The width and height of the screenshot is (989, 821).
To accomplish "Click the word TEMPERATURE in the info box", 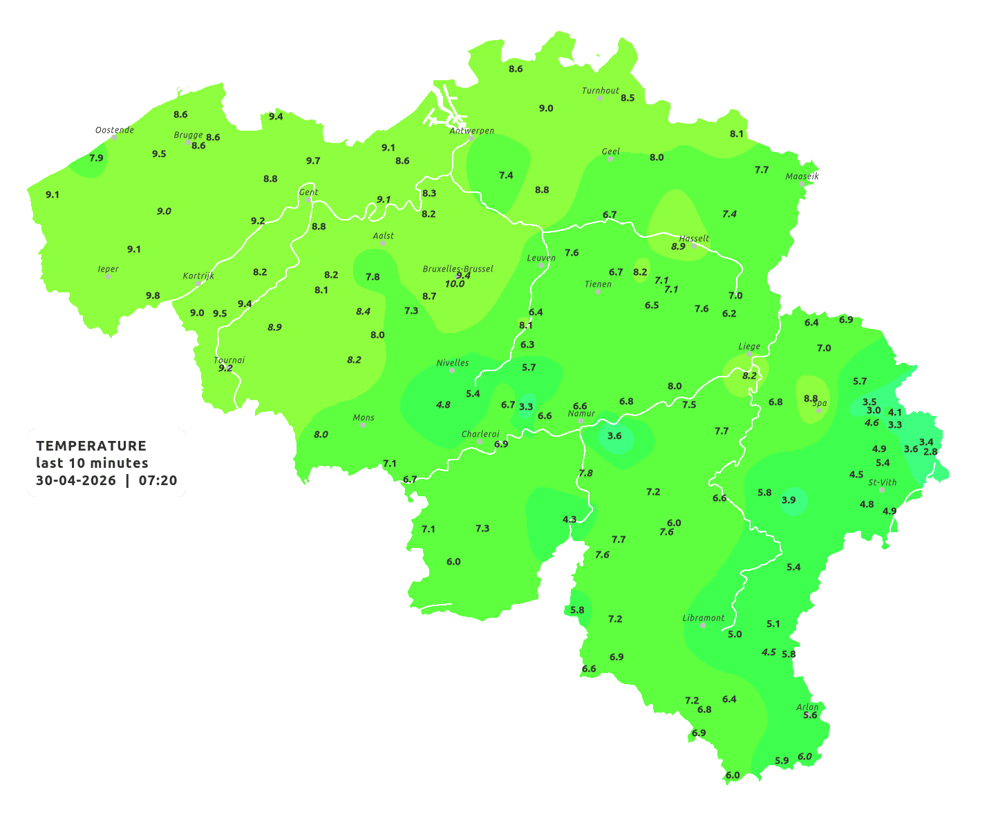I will [91, 446].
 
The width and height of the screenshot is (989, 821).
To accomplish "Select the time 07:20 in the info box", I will [158, 480].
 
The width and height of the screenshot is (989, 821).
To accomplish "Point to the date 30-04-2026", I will [76, 480].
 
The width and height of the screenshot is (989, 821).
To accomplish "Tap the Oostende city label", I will [114, 130].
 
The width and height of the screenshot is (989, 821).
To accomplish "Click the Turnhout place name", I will [601, 91].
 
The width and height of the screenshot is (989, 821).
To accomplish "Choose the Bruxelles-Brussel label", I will [458, 268].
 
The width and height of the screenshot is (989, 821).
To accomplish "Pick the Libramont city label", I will [703, 618].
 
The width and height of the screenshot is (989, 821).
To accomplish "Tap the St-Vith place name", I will [883, 482].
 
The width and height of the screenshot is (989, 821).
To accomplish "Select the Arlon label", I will [807, 707].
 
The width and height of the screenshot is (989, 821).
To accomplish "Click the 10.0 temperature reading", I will [455, 284].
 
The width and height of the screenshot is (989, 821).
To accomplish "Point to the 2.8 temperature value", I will [931, 452].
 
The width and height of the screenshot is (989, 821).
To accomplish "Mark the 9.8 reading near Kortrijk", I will [153, 296].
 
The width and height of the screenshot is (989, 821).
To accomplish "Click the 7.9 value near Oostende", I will [96, 158].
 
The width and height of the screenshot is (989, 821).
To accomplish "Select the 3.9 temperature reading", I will [789, 500].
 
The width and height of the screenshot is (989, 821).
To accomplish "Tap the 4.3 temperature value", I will [569, 519].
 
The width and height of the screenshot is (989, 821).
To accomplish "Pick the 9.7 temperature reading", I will [313, 161].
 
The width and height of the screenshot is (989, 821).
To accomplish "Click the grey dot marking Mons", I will [363, 425].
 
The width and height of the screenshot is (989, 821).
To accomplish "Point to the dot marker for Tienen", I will [598, 292].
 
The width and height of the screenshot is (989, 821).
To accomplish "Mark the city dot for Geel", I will [610, 159].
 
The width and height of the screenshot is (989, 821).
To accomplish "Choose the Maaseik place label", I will [802, 176].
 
